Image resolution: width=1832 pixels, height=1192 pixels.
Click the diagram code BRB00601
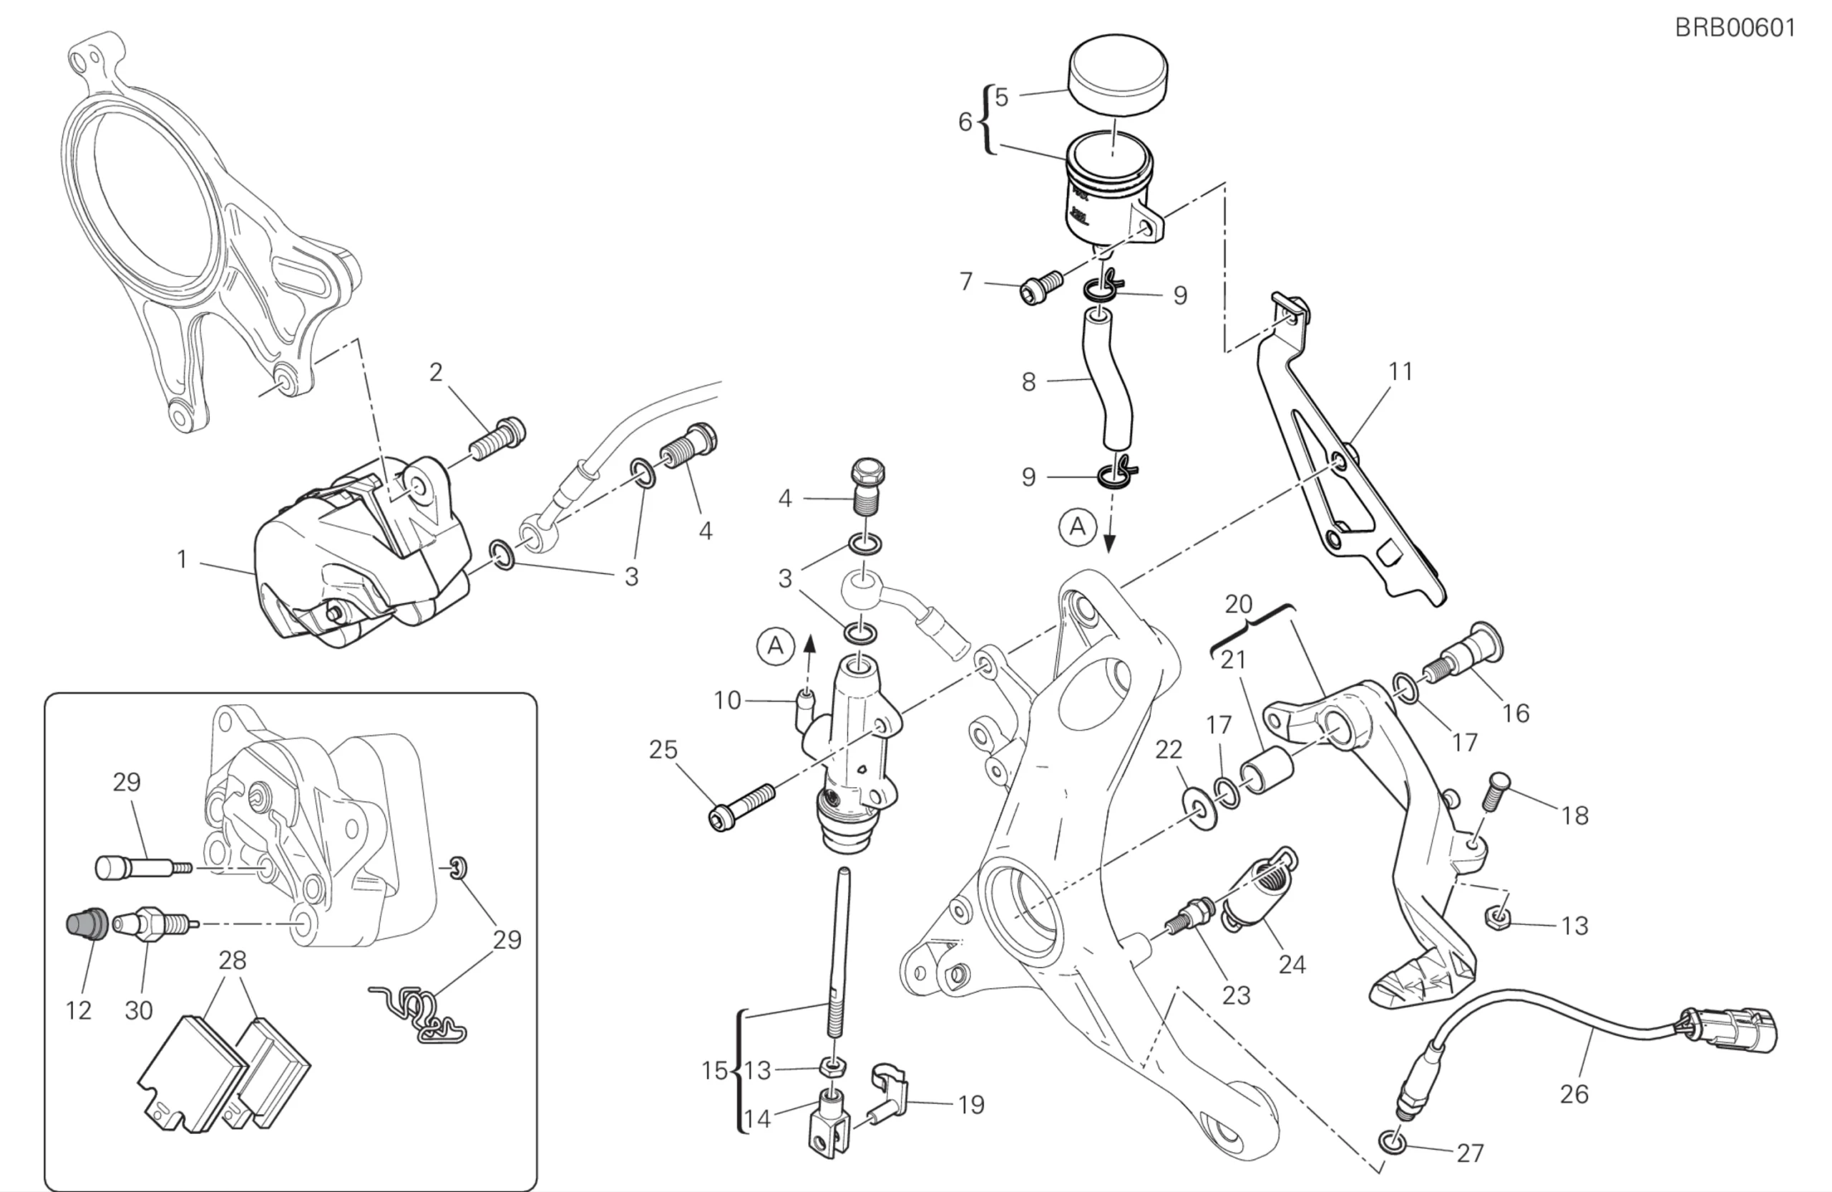click(1735, 29)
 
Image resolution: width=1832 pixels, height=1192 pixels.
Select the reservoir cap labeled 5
click(1117, 78)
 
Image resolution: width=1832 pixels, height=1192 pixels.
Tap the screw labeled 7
click(1039, 288)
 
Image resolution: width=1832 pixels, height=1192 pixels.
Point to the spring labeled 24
click(1259, 889)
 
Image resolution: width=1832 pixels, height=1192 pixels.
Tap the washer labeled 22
click(1198, 807)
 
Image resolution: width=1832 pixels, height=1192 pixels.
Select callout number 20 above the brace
click(1239, 604)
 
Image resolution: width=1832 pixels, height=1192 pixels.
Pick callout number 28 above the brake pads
click(233, 959)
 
